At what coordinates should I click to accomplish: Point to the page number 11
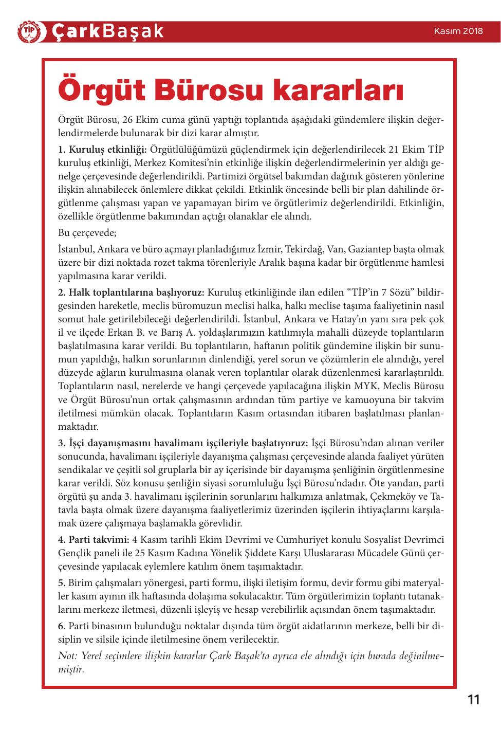(473, 700)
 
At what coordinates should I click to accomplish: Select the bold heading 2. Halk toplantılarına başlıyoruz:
(132, 293)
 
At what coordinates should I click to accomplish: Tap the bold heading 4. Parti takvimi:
(94, 540)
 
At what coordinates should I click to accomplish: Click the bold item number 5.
(62, 583)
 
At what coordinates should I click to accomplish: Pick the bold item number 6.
(62, 626)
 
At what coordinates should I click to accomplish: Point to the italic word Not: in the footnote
(67, 656)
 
